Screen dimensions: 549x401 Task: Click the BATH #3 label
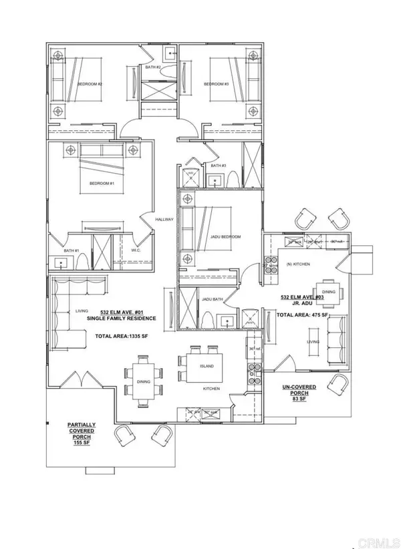coord(217,166)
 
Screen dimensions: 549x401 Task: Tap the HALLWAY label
coord(164,219)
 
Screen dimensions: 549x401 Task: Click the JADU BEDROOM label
coord(227,237)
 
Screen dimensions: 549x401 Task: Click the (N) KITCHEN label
coord(298,264)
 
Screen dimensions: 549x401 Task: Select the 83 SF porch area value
coord(295,400)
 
